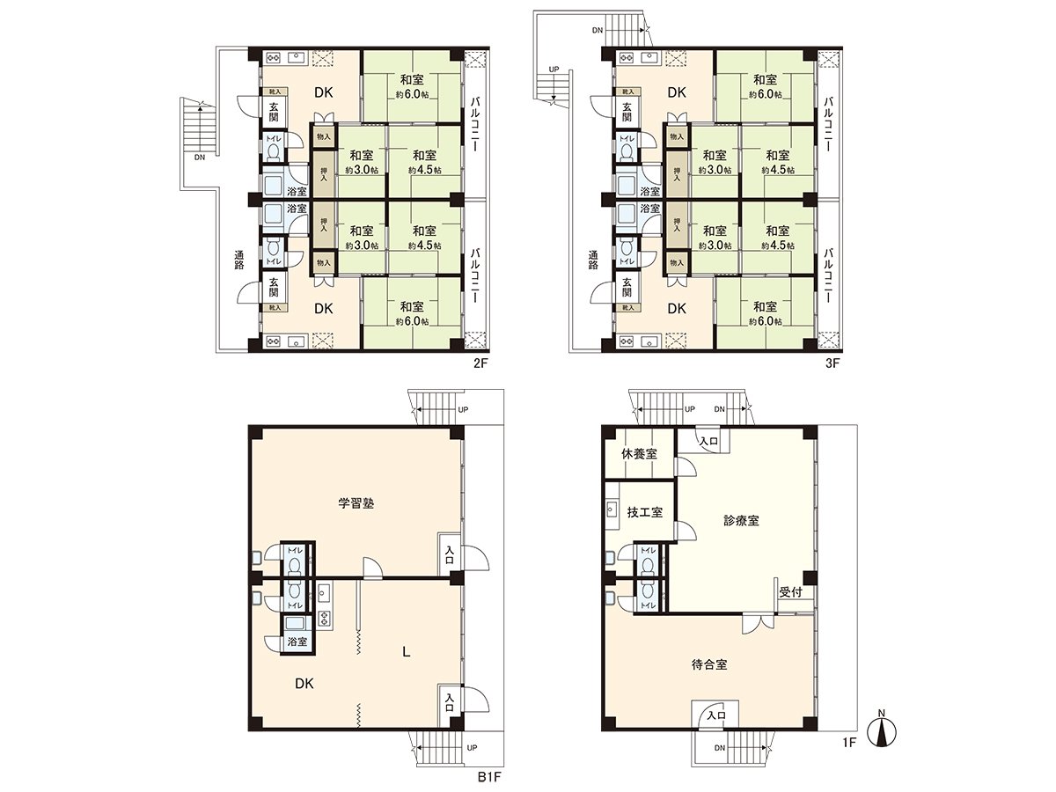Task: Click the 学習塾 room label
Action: tap(352, 503)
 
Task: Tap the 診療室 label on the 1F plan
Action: tap(742, 520)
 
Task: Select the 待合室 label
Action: tap(709, 664)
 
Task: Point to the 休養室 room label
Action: tap(639, 454)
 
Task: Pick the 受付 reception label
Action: tap(789, 591)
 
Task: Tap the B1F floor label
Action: tap(488, 776)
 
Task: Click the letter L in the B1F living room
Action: tap(405, 652)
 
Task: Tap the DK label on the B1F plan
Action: tap(305, 683)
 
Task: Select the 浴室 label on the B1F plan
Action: tap(297, 642)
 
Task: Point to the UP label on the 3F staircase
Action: tap(554, 68)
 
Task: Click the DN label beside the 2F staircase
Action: tap(200, 158)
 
